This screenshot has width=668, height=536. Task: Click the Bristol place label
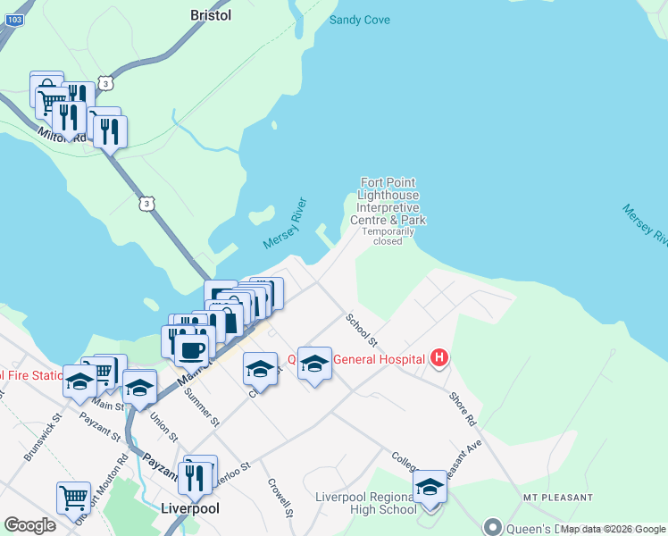pyautogui.click(x=211, y=15)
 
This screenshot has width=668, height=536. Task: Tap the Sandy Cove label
pyautogui.click(x=360, y=20)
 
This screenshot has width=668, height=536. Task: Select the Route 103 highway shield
pyautogui.click(x=7, y=17)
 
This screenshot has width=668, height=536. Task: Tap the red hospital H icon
pyautogui.click(x=438, y=359)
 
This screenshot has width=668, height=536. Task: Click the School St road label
pyautogui.click(x=362, y=330)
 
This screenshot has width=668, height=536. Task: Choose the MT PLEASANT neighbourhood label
pyautogui.click(x=557, y=497)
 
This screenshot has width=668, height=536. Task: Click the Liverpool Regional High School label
pyautogui.click(x=365, y=503)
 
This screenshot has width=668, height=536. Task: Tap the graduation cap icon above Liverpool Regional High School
pyautogui.click(x=430, y=486)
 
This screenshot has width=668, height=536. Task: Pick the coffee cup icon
pyautogui.click(x=190, y=349)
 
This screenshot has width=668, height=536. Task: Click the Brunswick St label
pyautogui.click(x=42, y=436)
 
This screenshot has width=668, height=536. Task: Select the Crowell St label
pyautogui.click(x=280, y=497)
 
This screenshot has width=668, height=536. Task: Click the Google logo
pyautogui.click(x=29, y=525)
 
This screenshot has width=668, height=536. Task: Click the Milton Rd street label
pyautogui.click(x=63, y=135)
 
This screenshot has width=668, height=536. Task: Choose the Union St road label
pyautogui.click(x=163, y=425)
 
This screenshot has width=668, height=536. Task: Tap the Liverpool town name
pyautogui.click(x=189, y=508)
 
